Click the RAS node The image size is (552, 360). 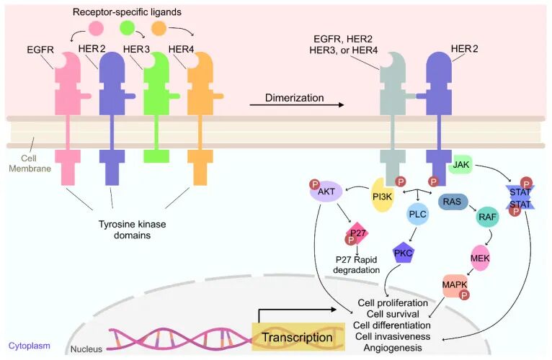(x=453, y=203)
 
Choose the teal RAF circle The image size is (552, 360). (x=488, y=215)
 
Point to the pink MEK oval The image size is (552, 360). (x=480, y=258)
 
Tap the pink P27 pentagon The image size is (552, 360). (x=358, y=234)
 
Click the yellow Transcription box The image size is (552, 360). (x=297, y=336)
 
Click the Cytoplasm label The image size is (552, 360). (x=29, y=346)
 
